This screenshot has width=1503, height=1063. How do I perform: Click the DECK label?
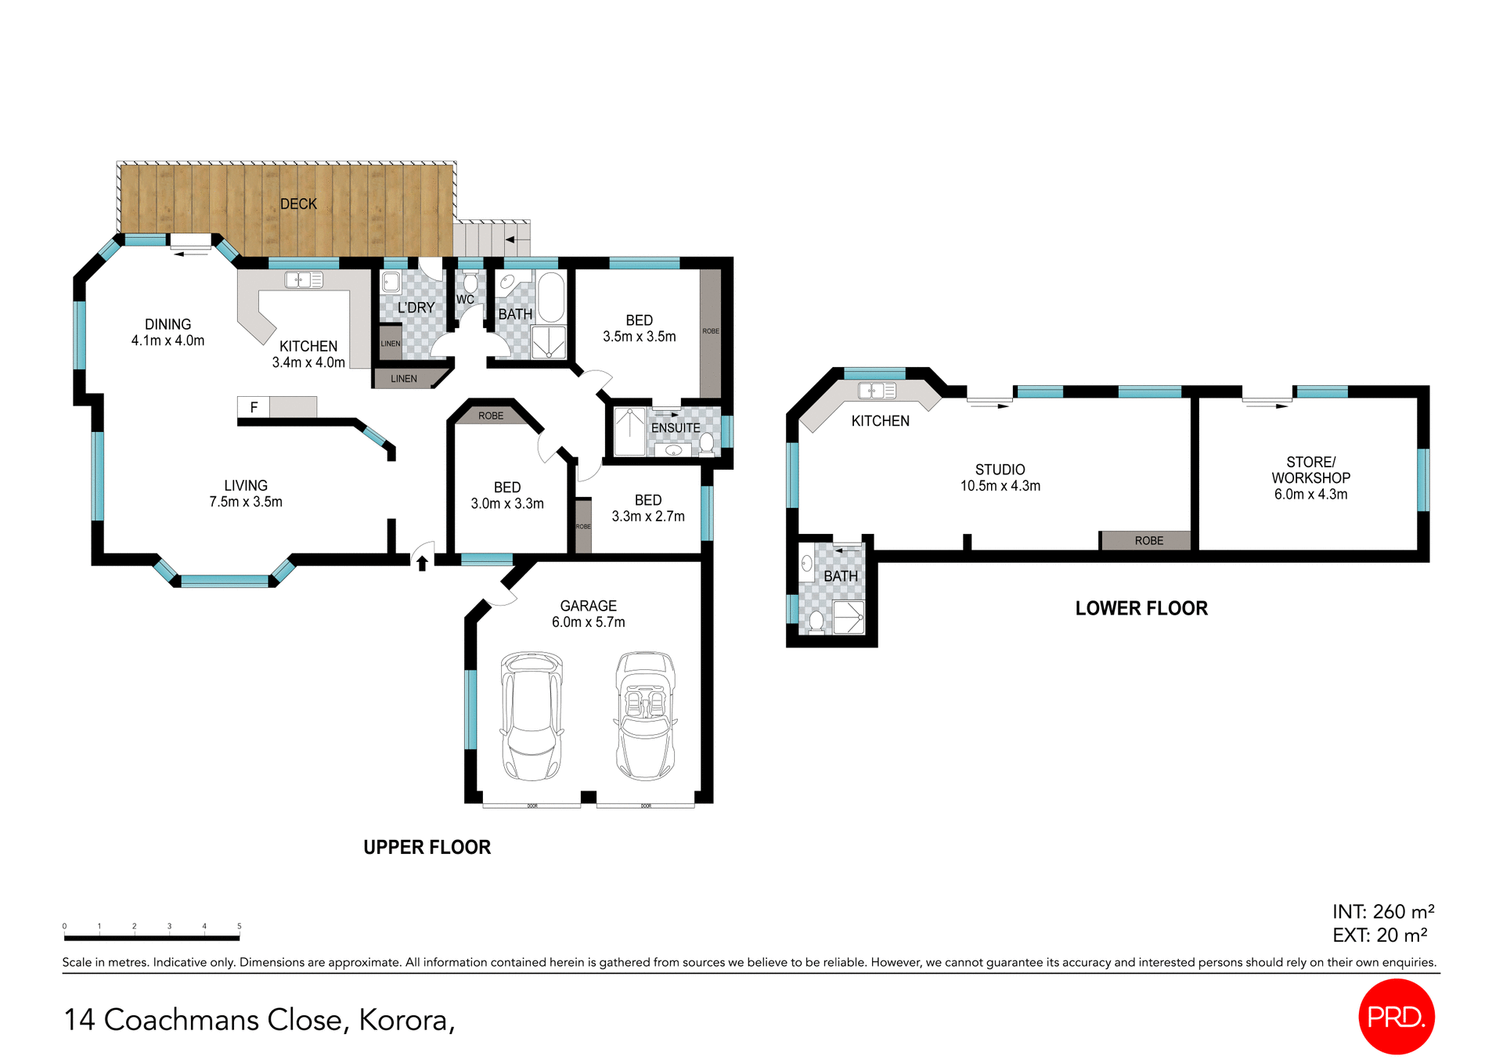pos(298,204)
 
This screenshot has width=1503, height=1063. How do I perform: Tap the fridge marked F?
pos(254,407)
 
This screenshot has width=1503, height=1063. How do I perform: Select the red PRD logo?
pos(1396,1016)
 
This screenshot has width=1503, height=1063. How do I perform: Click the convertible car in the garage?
pos(645,716)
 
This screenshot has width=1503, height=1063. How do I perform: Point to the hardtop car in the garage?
pos(532,716)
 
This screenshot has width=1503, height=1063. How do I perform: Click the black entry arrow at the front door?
pos(422,563)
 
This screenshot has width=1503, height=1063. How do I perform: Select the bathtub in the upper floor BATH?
pos(551,297)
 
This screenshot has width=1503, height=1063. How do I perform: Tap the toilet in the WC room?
pos(470,282)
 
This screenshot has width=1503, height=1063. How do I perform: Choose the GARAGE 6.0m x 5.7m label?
pos(588,614)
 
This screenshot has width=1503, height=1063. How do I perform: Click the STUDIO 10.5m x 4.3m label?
pos(1000,477)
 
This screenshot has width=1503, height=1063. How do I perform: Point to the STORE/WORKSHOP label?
pos(1310,477)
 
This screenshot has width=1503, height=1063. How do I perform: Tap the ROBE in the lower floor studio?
pos(1148,541)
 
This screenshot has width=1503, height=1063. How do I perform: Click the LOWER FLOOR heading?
pos(1141,608)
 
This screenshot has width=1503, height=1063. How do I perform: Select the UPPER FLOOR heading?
pos(427,847)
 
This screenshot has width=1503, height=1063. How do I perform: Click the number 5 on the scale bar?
pos(240,926)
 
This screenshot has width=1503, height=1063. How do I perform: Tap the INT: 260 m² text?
pos(1382,912)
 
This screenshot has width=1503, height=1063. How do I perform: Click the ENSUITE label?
pos(676,428)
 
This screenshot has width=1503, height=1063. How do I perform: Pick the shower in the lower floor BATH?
pos(848,617)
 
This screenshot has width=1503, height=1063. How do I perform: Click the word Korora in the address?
pos(403,1020)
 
